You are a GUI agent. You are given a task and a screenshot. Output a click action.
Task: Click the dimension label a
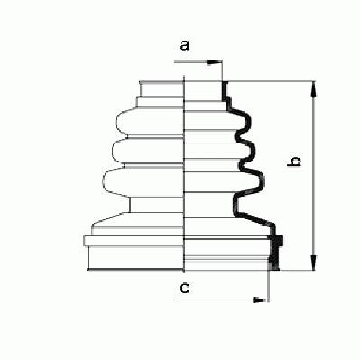click(x=184, y=46)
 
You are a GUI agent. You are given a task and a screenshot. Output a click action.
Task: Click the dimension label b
click(x=294, y=162)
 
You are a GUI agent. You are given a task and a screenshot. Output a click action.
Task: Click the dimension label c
click(x=184, y=289)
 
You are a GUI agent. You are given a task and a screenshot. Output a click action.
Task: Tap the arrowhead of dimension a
click(x=215, y=62)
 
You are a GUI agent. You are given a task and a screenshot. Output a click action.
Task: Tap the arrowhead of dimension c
click(x=261, y=300)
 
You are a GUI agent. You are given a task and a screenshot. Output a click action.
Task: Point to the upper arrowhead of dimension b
click(x=314, y=88)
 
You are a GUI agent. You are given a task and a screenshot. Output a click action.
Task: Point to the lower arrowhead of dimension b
click(x=314, y=263)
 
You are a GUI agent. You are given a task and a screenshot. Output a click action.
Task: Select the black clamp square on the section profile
click(x=279, y=240)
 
